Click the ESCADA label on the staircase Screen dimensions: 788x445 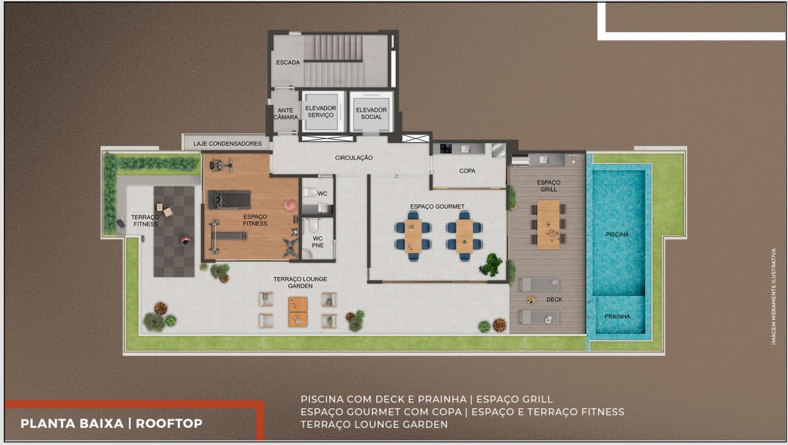(288, 62)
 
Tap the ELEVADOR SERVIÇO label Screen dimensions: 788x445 (320, 112)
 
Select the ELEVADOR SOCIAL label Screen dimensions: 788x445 (371, 113)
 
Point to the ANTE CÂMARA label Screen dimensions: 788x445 (285, 114)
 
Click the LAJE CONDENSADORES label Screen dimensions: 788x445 (228, 144)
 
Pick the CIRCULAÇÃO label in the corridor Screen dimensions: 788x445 (353, 158)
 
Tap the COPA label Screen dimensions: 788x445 (467, 171)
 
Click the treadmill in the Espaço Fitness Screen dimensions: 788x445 (229, 200)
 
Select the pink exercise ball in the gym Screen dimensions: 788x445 (290, 205)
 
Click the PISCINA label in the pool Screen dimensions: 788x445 (617, 234)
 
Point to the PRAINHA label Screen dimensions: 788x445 (617, 316)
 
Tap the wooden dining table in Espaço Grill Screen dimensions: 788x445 (548, 224)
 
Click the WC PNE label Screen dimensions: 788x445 (317, 242)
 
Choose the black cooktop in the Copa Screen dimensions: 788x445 (446, 148)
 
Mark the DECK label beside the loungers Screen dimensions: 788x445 (554, 299)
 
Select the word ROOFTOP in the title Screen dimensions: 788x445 (169, 423)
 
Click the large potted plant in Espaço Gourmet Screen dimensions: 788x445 (491, 265)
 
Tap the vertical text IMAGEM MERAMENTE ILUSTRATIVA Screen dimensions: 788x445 (774, 296)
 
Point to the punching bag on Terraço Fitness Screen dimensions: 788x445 (185, 242)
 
